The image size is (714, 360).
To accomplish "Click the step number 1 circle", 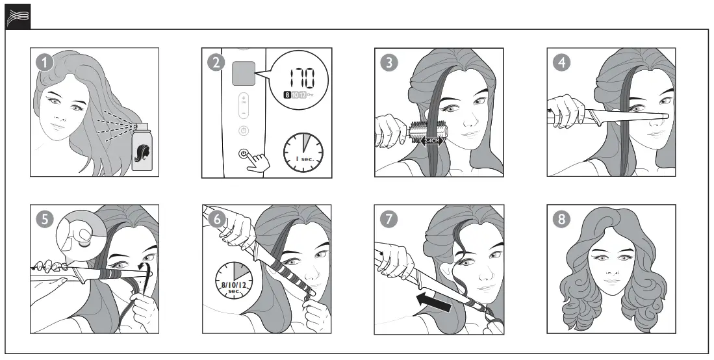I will [x=44, y=63].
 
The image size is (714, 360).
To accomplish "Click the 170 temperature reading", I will [x=298, y=79].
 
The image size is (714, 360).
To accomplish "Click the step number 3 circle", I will [x=389, y=63].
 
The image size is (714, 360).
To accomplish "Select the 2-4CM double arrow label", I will [x=431, y=140].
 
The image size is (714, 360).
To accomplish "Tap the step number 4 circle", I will [x=561, y=63].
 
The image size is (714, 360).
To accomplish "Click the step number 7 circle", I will [x=389, y=220].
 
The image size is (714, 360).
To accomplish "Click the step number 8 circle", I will [x=561, y=220].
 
